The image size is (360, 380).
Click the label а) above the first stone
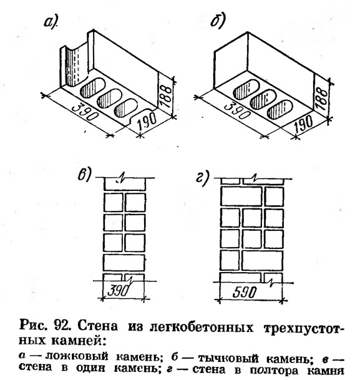point(51,23)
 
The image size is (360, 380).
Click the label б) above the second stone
point(218,21)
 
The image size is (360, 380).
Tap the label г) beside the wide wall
point(203,178)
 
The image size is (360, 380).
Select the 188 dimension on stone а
point(166,96)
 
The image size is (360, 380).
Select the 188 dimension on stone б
point(321,99)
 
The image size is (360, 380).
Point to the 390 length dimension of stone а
point(85,113)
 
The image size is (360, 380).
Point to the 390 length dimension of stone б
point(237,111)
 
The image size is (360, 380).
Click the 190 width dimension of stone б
point(303,124)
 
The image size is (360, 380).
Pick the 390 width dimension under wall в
point(118,290)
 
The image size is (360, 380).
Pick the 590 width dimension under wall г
point(244,292)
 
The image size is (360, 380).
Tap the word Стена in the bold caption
point(98,326)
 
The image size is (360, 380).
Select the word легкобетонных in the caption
point(202,328)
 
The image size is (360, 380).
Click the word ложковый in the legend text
point(77,356)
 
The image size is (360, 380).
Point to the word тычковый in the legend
point(228,358)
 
